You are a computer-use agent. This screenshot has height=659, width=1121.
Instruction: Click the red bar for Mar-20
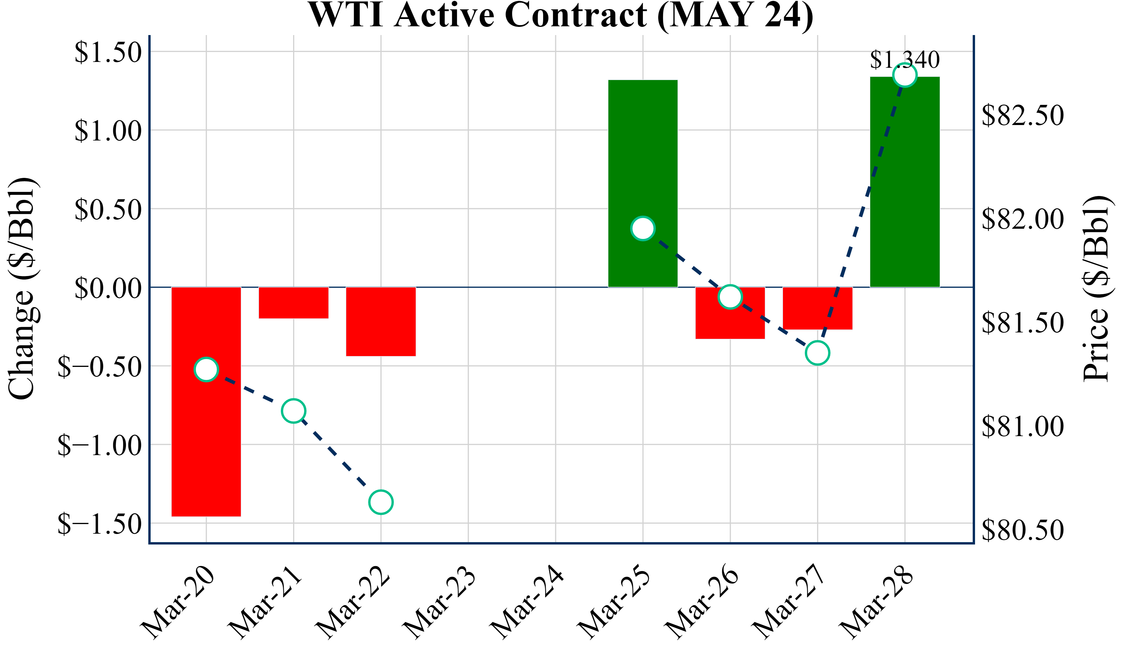[x=206, y=445]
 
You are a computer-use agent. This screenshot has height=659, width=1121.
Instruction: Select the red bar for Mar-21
[x=294, y=303]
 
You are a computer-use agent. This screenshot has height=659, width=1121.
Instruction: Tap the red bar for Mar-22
[x=381, y=322]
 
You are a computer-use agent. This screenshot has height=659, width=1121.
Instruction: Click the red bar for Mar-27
[x=818, y=308]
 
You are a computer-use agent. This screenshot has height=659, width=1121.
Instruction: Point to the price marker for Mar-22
[x=381, y=502]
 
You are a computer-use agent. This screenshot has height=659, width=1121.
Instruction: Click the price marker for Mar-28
[x=905, y=75]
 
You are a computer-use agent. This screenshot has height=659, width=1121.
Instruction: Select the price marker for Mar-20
[x=206, y=369]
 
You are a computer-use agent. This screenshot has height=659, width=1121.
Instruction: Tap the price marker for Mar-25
[x=643, y=228]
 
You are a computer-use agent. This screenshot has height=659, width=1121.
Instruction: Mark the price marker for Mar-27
[x=818, y=353]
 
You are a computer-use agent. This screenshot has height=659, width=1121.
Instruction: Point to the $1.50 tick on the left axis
[x=108, y=53]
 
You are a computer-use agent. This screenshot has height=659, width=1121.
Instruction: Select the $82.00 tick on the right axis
[x=1023, y=219]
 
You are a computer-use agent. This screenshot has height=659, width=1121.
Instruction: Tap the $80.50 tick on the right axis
[x=1023, y=530]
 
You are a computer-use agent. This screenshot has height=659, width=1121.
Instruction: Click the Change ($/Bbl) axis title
[x=22, y=289]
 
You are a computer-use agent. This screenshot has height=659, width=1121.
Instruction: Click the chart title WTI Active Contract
[x=560, y=15]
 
